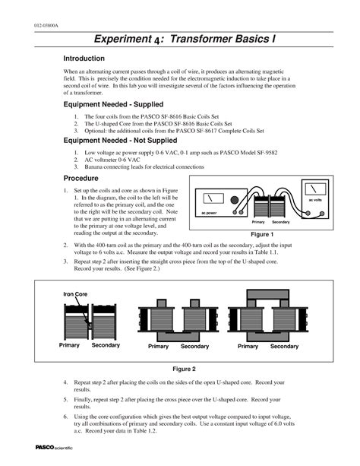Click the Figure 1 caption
tap(256, 235)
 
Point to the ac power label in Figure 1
tap(209, 214)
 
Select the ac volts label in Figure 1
tap(314, 200)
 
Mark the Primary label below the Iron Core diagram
tap(69, 346)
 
